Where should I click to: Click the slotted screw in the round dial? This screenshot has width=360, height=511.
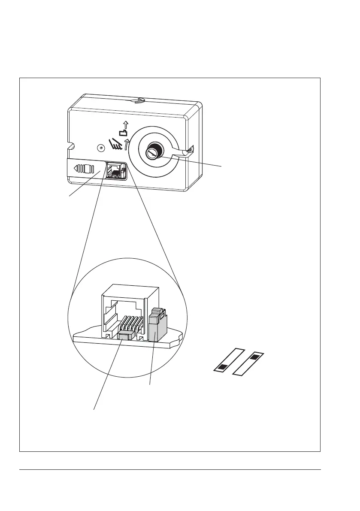point(153,152)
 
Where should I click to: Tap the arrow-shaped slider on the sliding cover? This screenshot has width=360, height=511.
point(84,168)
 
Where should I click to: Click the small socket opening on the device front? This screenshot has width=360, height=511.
point(115,170)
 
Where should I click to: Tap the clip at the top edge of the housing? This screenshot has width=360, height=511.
point(136,101)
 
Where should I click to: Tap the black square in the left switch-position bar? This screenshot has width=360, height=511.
point(224,366)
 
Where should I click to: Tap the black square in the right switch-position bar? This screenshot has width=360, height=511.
point(254,357)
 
